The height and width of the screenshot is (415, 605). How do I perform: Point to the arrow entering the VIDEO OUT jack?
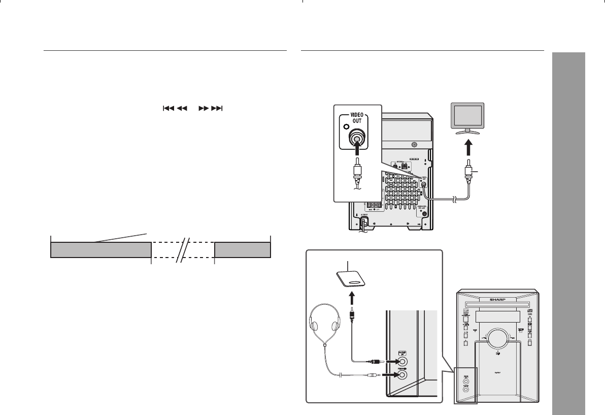pyautogui.click(x=357, y=151)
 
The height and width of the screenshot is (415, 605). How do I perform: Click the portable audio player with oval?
pyautogui.click(x=352, y=279)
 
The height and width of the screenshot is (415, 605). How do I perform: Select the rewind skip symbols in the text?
pyautogui.click(x=175, y=109)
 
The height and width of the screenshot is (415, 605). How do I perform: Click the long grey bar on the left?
pyautogui.click(x=101, y=250)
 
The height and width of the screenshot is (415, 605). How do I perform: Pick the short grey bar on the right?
pyautogui.click(x=243, y=250)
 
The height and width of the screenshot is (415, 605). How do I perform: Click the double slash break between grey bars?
pyautogui.click(x=183, y=250)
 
